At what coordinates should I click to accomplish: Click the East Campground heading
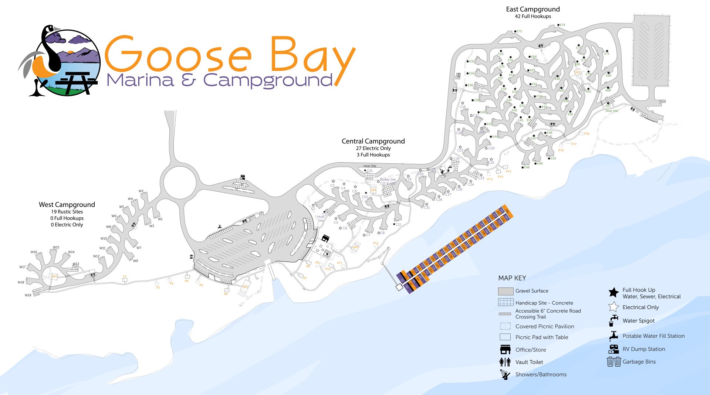click(x=532, y=9)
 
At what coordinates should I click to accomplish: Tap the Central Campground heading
click(x=373, y=141)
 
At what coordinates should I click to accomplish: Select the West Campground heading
click(x=67, y=205)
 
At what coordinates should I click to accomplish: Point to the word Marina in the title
click(x=140, y=80)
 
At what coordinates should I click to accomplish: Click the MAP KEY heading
click(x=512, y=278)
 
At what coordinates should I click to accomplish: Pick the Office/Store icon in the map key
click(x=505, y=350)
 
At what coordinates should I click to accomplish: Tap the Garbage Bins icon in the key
click(x=614, y=361)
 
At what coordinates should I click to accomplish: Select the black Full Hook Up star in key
click(x=613, y=293)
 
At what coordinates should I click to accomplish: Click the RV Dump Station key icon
click(x=614, y=349)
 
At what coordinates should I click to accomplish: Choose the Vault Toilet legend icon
click(x=505, y=362)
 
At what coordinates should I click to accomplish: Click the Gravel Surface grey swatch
click(x=506, y=291)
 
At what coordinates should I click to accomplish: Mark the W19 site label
click(x=28, y=295)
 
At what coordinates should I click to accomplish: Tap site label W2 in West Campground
click(x=141, y=191)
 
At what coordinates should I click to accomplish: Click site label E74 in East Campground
click(x=562, y=25)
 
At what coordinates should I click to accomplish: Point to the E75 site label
click(x=519, y=31)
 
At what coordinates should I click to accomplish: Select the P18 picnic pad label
click(x=586, y=134)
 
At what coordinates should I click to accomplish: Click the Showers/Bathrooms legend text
click(x=541, y=374)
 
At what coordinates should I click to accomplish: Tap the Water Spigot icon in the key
click(x=613, y=321)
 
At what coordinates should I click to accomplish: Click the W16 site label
click(x=34, y=252)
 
